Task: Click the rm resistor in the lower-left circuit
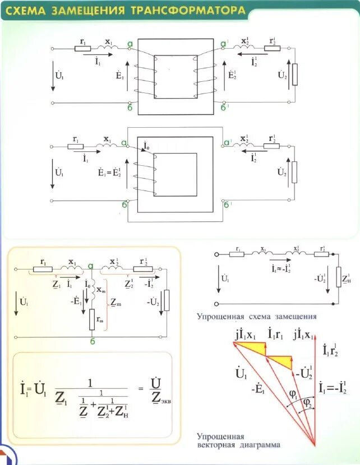(x=92, y=319)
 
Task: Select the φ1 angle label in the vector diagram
(x=293, y=394)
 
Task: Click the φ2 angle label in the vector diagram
(x=307, y=403)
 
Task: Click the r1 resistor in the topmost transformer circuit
(x=82, y=49)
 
